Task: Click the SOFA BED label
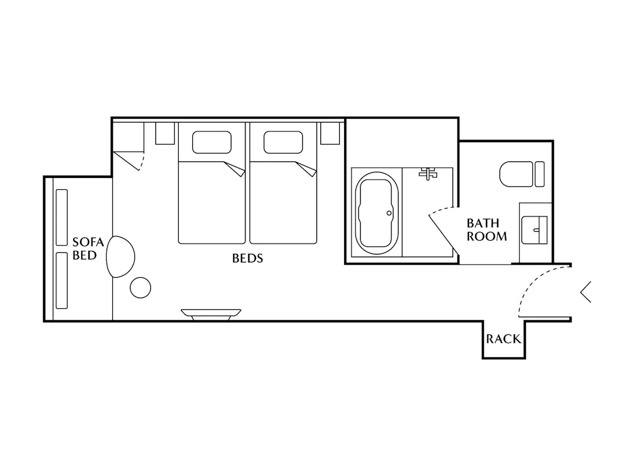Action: (x=88, y=249)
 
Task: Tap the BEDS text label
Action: (x=247, y=258)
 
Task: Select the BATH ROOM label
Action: (x=486, y=229)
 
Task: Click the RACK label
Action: (x=503, y=339)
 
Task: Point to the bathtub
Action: (x=376, y=213)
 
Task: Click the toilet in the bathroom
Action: (x=522, y=174)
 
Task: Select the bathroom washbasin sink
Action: (x=534, y=230)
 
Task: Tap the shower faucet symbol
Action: (x=428, y=173)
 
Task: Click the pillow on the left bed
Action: (x=212, y=142)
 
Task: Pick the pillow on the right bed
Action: (x=283, y=142)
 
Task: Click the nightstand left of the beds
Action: (x=165, y=133)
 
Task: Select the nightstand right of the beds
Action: (x=330, y=133)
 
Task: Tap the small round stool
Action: (x=141, y=288)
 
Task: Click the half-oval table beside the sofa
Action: (x=120, y=257)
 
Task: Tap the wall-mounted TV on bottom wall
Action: (x=211, y=315)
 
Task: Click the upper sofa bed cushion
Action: (x=62, y=218)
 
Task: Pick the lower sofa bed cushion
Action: (x=62, y=280)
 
